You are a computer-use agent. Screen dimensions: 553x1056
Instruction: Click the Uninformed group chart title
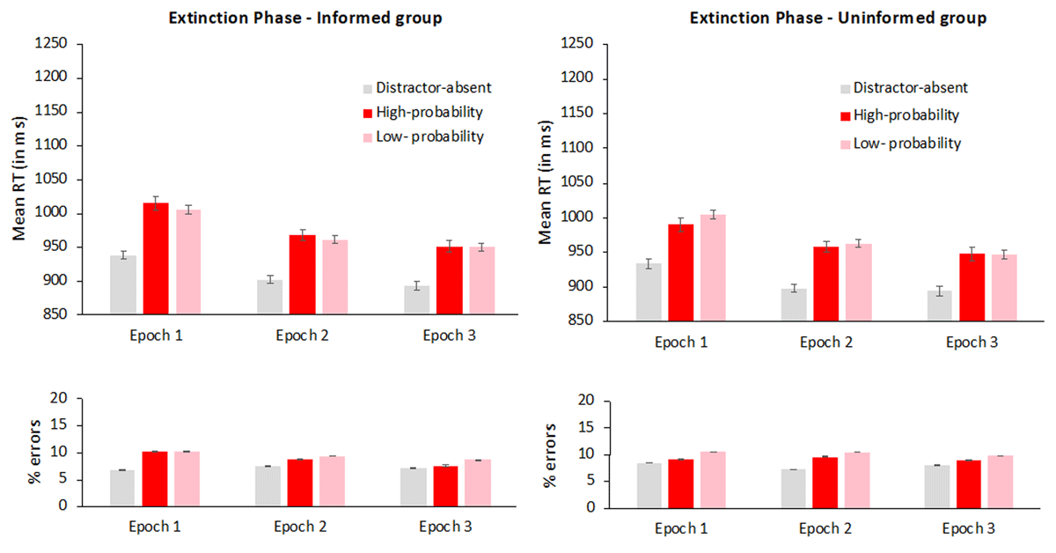(x=837, y=17)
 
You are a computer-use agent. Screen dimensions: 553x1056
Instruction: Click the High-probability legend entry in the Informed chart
(x=429, y=112)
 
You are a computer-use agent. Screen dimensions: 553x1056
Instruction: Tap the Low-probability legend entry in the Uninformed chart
(x=906, y=143)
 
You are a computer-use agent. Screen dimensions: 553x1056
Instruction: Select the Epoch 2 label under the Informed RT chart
(x=302, y=335)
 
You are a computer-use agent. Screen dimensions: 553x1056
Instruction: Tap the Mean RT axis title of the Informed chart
(x=18, y=178)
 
